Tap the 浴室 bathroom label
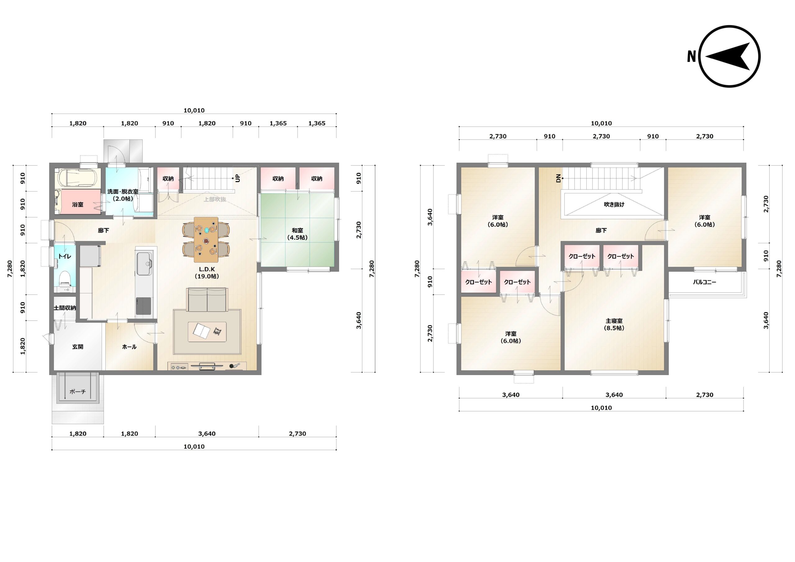pyautogui.click(x=78, y=204)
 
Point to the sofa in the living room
pyautogui.click(x=207, y=299)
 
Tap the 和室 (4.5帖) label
pyautogui.click(x=298, y=234)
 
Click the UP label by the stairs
pyautogui.click(x=238, y=178)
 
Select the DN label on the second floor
pyautogui.click(x=558, y=178)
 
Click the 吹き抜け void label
pyautogui.click(x=614, y=204)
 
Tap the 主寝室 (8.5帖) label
pyautogui.click(x=614, y=324)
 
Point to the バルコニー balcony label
pyautogui.click(x=704, y=282)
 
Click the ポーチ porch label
pyautogui.click(x=78, y=391)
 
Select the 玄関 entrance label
pyautogui.click(x=78, y=346)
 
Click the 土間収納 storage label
pyautogui.click(x=65, y=308)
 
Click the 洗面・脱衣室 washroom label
pyautogui.click(x=123, y=195)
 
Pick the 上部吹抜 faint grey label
pyautogui.click(x=215, y=199)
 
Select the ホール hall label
pyautogui.click(x=129, y=346)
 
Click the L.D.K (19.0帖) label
pyautogui.click(x=207, y=273)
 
